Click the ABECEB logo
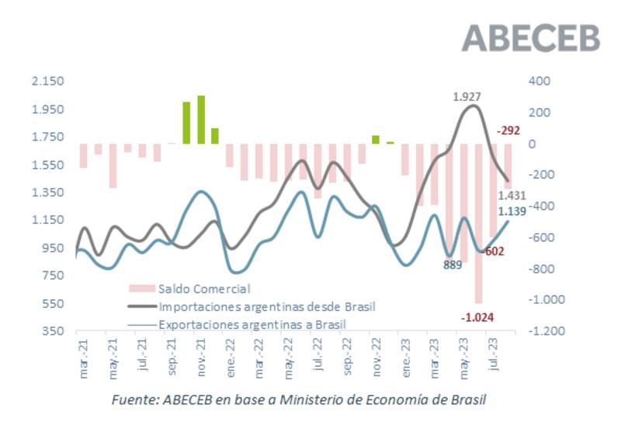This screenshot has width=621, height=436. tap(532, 37)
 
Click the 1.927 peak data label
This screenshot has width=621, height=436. tap(467, 97)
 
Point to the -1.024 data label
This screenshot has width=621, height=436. tap(477, 317)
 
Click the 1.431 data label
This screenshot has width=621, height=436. tap(512, 196)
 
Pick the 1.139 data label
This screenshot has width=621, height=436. tap(512, 211)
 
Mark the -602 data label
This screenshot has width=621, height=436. tap(492, 251)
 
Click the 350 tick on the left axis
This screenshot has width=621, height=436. tap(53, 331)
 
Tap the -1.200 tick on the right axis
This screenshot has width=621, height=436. tap(544, 331)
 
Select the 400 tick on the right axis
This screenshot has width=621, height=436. tap(538, 82)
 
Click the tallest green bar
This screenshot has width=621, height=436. tap(201, 120)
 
